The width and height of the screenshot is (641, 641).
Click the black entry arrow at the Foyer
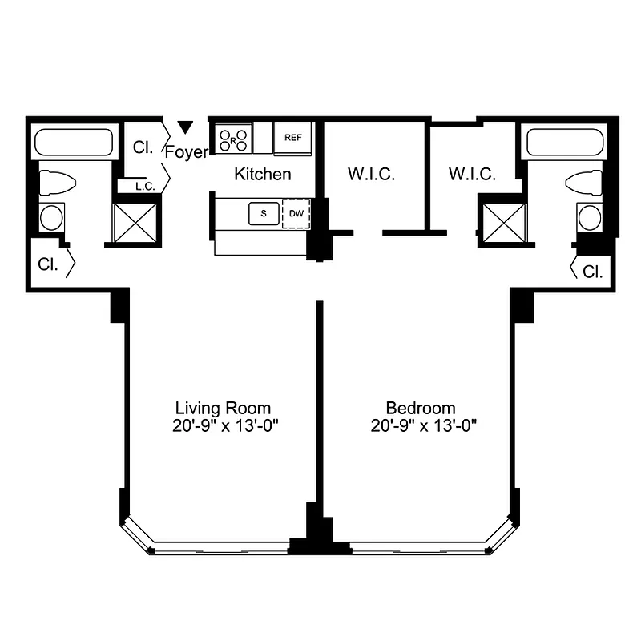click(186, 127)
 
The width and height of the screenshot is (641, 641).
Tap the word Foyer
click(186, 151)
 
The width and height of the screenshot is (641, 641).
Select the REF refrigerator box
click(292, 137)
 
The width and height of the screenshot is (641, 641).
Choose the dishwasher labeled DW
click(296, 213)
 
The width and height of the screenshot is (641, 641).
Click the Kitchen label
click(262, 174)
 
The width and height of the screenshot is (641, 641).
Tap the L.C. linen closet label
click(144, 187)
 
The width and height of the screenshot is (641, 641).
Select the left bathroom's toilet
click(57, 183)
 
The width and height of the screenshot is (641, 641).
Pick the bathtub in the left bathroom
click(72, 144)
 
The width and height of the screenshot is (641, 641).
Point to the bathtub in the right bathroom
click(565, 144)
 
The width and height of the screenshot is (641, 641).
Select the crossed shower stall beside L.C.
click(135, 222)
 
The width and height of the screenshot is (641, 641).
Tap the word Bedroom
click(421, 408)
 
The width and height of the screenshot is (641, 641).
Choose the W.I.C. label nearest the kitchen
click(371, 174)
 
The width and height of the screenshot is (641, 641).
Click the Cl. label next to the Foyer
click(143, 147)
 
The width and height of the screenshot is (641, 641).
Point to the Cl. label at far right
click(593, 272)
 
